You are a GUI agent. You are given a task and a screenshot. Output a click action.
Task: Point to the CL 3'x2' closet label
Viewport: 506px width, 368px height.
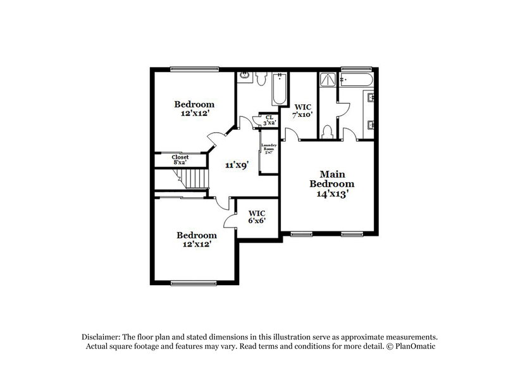(x=269, y=120)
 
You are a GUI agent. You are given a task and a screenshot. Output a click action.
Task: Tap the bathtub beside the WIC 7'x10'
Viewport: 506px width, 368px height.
(x=279, y=90)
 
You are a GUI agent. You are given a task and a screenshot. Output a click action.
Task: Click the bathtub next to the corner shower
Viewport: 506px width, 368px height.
(x=357, y=80)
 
